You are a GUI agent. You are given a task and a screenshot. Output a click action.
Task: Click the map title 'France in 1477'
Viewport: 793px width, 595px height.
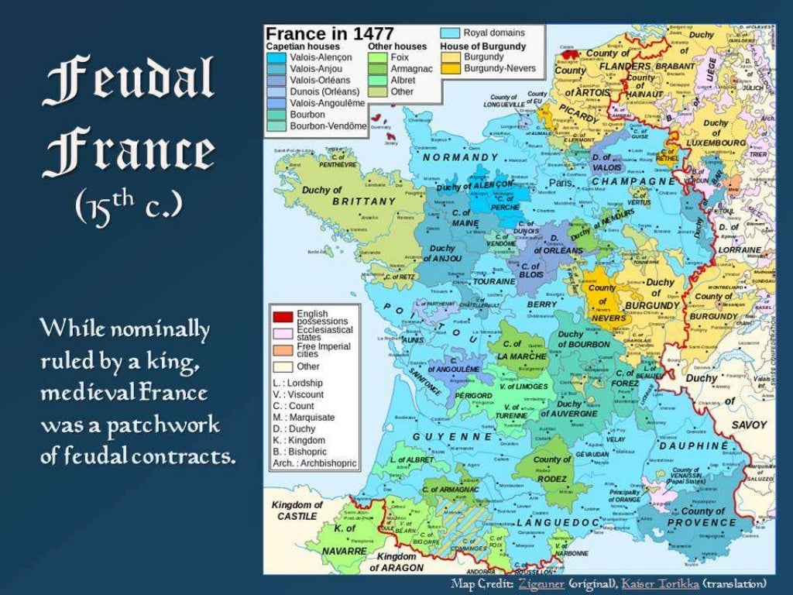click(331, 34)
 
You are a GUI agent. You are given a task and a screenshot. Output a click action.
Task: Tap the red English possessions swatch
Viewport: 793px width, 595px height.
click(282, 316)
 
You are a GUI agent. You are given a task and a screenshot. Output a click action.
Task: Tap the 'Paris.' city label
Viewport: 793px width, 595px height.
click(561, 184)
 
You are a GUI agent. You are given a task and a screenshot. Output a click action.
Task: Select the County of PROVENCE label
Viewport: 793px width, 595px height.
click(702, 517)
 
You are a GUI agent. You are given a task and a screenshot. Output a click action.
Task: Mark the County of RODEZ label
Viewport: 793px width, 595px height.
click(552, 465)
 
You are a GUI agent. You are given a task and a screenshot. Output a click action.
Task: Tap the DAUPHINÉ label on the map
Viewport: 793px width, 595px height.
click(694, 446)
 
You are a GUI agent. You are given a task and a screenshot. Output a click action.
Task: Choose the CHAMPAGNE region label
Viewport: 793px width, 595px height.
click(633, 181)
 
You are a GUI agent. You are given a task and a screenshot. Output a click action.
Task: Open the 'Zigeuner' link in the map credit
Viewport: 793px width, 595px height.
click(541, 583)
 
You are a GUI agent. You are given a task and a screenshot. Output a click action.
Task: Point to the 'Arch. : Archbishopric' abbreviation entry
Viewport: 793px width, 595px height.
click(314, 463)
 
